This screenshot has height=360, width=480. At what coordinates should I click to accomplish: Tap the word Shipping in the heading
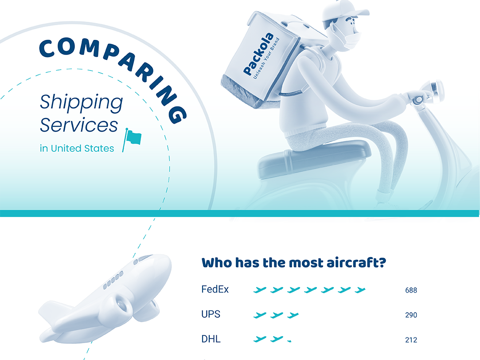(x=81, y=102)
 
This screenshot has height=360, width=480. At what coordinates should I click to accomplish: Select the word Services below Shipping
(x=79, y=125)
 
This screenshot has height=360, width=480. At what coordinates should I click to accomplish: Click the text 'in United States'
(x=77, y=149)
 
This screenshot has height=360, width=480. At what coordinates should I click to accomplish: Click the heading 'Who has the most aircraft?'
(x=293, y=262)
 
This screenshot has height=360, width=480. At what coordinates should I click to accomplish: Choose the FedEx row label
(x=215, y=290)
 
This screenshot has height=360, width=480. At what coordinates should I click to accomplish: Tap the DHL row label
(x=211, y=340)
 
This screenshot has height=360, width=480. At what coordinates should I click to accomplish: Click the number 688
(x=411, y=290)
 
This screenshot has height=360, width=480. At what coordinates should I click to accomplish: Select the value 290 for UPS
(x=411, y=315)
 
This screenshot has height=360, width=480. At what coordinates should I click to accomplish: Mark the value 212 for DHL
(x=411, y=340)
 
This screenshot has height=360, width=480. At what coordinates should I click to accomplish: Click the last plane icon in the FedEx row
(x=360, y=290)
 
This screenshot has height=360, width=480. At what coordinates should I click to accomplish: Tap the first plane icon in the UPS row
(x=260, y=315)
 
